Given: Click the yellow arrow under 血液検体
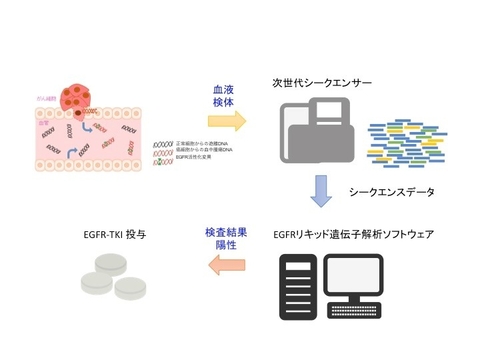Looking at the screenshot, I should [225, 121].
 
